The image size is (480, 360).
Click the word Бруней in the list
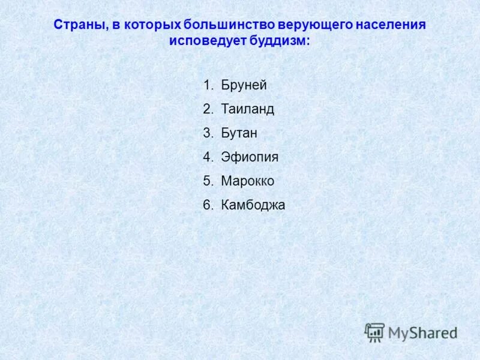(244, 85)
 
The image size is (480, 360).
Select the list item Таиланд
(247, 109)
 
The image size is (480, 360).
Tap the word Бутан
(239, 133)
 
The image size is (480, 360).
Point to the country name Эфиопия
(250, 157)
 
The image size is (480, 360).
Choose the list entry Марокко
(247, 181)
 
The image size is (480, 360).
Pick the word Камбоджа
(253, 205)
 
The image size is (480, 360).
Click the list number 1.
(207, 85)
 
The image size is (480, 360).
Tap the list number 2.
(207, 109)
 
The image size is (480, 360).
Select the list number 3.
(207, 133)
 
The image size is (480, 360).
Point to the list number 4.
(207, 157)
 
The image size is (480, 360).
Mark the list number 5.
(207, 181)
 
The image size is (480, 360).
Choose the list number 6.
(207, 205)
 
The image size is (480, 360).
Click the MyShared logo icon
(374, 332)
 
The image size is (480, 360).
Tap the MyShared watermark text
(422, 332)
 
